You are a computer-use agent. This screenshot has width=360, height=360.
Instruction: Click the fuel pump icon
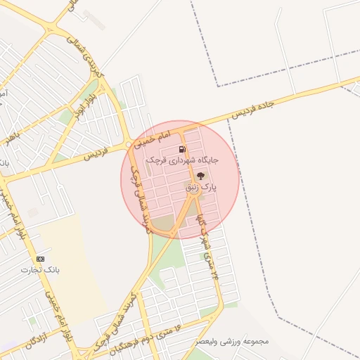point(182,149)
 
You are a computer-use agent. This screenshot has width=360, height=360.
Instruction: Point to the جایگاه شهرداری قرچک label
point(182,160)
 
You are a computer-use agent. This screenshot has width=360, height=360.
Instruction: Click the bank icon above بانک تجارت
point(39,259)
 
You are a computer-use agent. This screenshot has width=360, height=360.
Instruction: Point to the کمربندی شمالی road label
point(88,60)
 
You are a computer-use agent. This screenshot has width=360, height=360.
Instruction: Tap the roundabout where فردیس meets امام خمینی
point(129,144)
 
